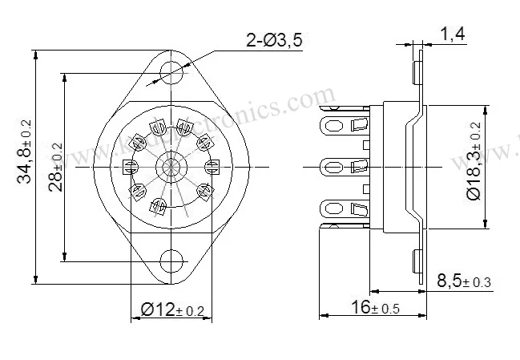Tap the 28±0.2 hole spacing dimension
(x=54, y=166)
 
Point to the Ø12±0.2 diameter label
(x=172, y=310)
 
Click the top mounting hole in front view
(x=171, y=71)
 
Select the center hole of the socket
(x=171, y=166)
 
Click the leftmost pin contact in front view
(x=130, y=167)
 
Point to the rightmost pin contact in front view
(x=213, y=167)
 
